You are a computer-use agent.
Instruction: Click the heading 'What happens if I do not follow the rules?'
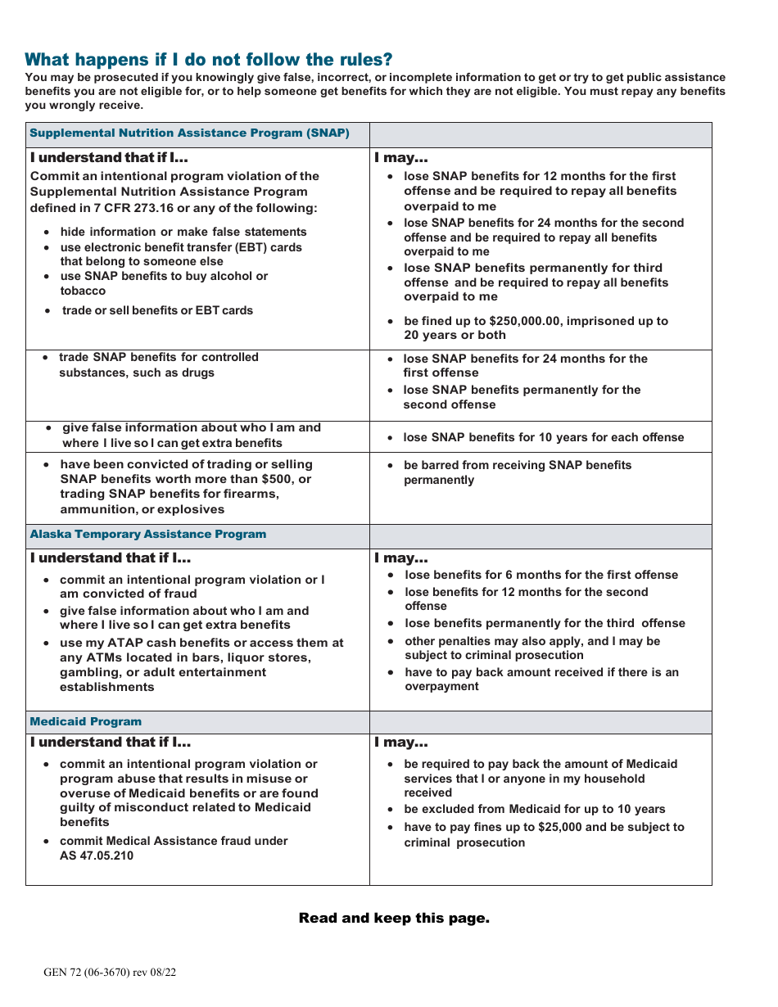click(209, 59)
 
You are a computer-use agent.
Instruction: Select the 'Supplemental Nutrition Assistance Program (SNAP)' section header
click(189, 133)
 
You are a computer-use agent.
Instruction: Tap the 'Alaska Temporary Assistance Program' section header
click(148, 534)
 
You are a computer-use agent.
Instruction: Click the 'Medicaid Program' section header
click(86, 721)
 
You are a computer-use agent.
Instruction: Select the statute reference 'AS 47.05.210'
click(97, 856)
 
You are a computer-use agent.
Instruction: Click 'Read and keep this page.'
click(394, 918)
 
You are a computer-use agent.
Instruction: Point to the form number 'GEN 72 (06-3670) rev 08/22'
click(110, 973)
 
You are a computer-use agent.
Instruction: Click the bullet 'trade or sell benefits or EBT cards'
click(157, 310)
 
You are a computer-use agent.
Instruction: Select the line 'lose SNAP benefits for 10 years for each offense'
click(543, 437)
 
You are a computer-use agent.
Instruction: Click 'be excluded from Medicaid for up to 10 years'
click(534, 809)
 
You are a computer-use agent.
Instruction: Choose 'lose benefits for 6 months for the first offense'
click(541, 575)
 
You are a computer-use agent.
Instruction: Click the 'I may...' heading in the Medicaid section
click(401, 743)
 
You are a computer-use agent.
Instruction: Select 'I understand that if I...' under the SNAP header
click(111, 158)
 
